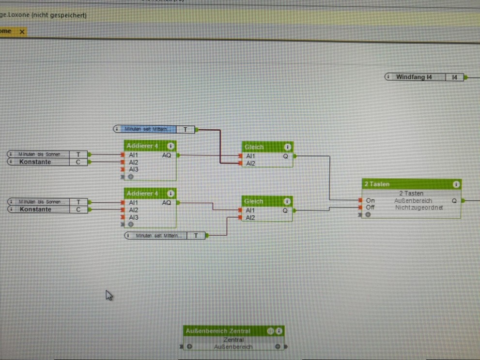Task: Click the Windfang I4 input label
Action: (x=414, y=77)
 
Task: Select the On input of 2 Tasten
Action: (x=370, y=200)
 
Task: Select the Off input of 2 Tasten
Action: (x=370, y=208)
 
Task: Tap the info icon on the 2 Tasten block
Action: (x=456, y=184)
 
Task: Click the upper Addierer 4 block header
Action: (x=143, y=146)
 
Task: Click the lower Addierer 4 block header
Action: (x=143, y=194)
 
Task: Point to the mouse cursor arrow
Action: (x=108, y=294)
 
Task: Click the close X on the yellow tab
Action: (x=22, y=31)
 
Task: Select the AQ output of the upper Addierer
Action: (x=167, y=155)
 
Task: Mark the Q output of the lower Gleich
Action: (x=285, y=210)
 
